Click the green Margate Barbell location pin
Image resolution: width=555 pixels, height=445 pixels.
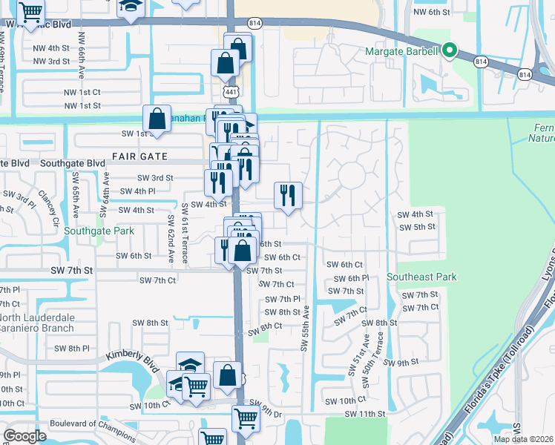(x=449, y=51)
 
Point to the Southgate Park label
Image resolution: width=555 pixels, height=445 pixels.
(x=99, y=231)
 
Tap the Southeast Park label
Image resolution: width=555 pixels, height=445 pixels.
(x=421, y=277)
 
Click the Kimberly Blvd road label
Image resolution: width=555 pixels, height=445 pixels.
(x=131, y=359)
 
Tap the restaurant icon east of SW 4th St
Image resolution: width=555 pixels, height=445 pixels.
(x=286, y=196)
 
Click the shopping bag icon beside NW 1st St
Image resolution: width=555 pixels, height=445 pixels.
(x=157, y=118)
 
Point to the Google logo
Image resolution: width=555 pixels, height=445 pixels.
(x=25, y=436)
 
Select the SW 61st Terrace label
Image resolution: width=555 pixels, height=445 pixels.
(x=184, y=236)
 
